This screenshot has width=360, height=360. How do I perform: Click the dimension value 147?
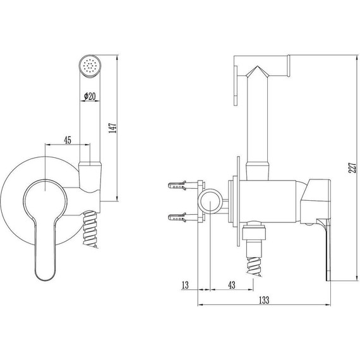pos(112,128)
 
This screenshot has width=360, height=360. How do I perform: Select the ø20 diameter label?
pos(90,96)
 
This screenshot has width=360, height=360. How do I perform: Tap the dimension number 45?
pos(68,140)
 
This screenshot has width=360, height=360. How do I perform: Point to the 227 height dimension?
pos(352,168)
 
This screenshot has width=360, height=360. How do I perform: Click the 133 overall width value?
pos(264,300)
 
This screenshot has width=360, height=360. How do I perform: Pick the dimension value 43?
pos(232,285)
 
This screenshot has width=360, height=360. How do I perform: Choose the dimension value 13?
pos(185,285)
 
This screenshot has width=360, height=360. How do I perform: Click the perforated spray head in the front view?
pos(89,65)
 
